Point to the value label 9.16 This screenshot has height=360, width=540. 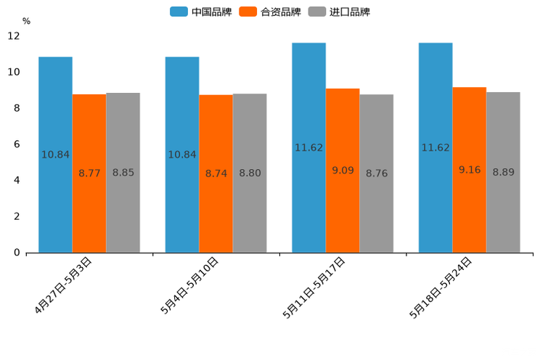pos(470,170)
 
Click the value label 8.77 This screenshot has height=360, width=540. pos(89,173)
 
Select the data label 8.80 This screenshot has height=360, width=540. pos(250,173)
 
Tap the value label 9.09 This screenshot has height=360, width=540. pos(343,171)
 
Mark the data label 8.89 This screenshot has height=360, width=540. pos(503,173)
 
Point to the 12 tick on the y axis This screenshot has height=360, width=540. pos(14,36)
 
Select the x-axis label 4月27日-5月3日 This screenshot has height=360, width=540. pos(63,285)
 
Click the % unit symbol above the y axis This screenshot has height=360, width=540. pos(26,22)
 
